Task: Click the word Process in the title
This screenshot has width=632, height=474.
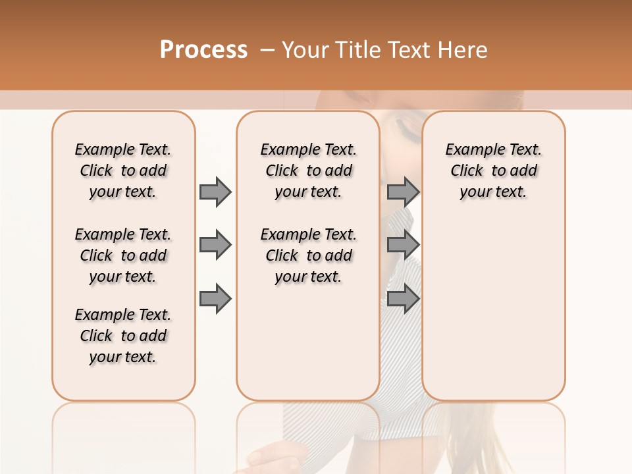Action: pos(203,49)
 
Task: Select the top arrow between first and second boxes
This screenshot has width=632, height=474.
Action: pos(215,192)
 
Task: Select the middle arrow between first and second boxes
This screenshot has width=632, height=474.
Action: pos(215,245)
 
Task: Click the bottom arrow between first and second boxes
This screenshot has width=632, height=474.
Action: pos(215,299)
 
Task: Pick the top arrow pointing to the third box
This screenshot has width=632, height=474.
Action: pos(403,192)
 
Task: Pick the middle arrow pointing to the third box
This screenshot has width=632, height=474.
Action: pos(403,245)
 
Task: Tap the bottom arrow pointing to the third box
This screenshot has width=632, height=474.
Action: pos(403,299)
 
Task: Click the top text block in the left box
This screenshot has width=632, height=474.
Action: pos(123,171)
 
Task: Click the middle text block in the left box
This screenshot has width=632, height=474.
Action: pos(123,255)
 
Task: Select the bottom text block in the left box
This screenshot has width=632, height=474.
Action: pos(123,336)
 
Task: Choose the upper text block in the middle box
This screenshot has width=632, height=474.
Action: pos(308,171)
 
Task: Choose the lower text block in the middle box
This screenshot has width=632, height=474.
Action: pos(308,255)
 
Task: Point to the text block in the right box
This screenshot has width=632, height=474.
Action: pos(493,171)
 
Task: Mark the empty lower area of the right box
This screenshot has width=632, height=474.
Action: pos(493,303)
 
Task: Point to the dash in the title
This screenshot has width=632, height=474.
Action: pos(267,50)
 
